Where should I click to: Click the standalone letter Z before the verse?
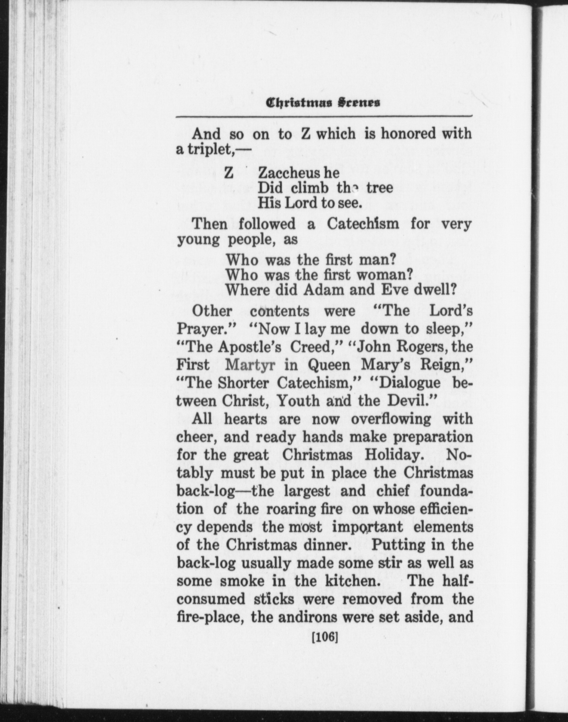coord(229,173)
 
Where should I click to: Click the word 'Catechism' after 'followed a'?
coord(362,224)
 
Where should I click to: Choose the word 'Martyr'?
coord(250,365)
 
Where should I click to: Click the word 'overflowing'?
coord(390,419)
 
